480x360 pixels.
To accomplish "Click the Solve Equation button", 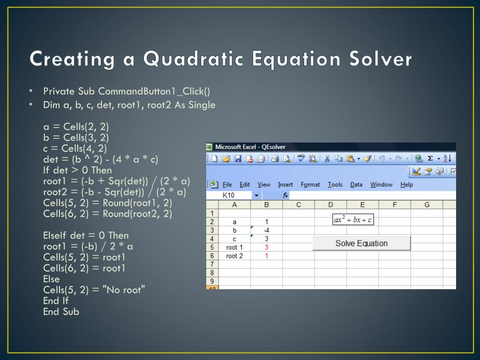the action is pos(361,243).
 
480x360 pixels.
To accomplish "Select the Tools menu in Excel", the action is pos(335,185).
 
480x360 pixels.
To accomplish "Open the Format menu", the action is pos(310,185).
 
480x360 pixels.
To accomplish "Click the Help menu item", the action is pos(406,185).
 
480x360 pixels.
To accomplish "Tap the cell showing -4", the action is pos(266,230).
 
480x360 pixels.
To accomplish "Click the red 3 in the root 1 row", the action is pos(266,247).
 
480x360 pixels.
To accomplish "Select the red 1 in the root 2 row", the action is pos(266,256).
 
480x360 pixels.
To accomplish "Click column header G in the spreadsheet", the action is pos(427,204).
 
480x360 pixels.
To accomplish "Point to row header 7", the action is pos(212,264).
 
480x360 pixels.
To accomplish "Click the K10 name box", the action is pos(228,195).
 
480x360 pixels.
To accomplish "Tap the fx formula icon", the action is pos(285,195).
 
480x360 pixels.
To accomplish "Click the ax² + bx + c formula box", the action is pos(353,219).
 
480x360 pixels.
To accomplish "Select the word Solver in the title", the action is pos(381,59).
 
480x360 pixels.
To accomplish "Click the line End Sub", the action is pos(61,312).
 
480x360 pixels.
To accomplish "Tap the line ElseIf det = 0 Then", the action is pos(86,235).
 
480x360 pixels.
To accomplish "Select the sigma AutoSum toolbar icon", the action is pos(430,158).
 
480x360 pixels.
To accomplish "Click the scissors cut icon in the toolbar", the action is pos(327,158).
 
